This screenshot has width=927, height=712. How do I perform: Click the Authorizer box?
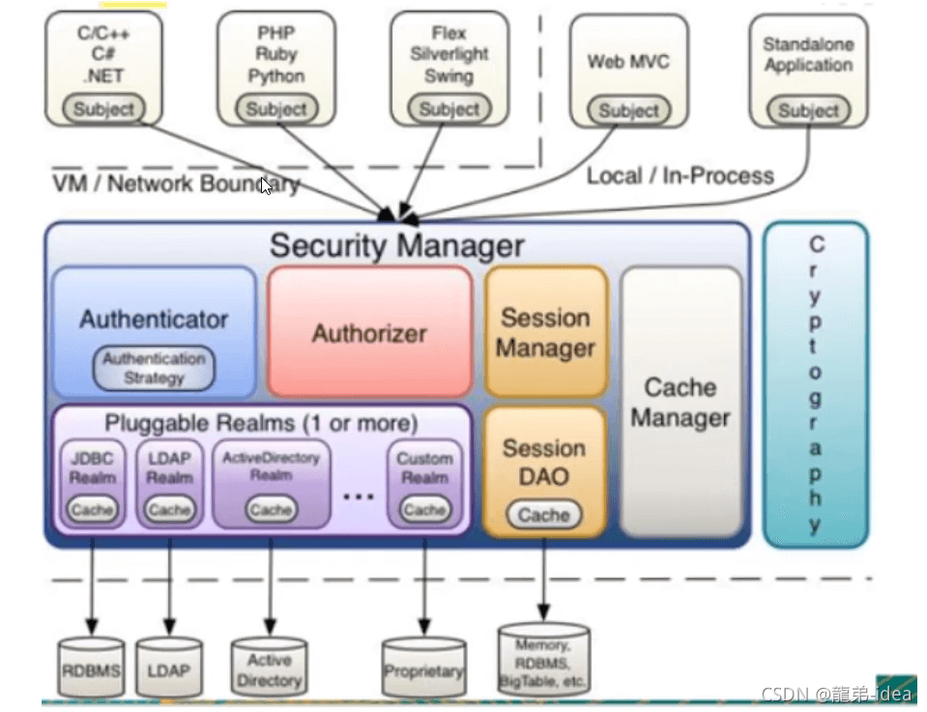coord(369,332)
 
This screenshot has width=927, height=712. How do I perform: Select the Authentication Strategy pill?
coord(154,368)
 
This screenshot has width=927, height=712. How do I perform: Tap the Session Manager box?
coord(545,332)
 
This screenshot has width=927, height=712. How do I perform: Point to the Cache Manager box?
coord(681,402)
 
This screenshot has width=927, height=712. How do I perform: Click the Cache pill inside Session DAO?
coord(543,515)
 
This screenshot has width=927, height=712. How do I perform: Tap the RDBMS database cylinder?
coord(91,668)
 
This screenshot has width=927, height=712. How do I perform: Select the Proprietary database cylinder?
coord(423,669)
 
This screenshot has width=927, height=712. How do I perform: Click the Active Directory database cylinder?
coord(269,669)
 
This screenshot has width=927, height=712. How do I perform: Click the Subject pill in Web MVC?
coord(628,110)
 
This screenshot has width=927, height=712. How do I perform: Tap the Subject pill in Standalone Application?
coord(808,110)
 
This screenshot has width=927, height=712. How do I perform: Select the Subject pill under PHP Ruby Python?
coord(276,108)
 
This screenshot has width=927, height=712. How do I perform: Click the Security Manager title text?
coord(396,245)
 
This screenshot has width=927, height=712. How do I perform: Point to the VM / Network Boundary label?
coord(176,184)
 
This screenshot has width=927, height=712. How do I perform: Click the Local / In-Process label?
coord(680,176)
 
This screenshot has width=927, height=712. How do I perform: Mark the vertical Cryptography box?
coord(816,384)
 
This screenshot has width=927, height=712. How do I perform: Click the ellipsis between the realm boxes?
coord(359,496)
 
